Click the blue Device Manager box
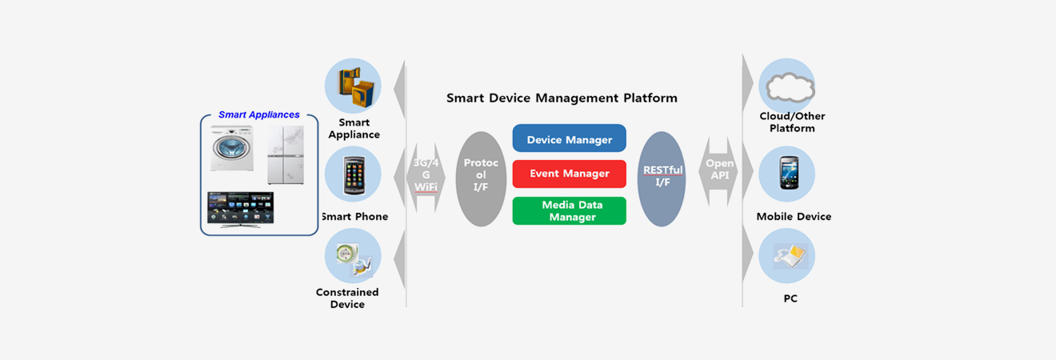pyautogui.click(x=569, y=139)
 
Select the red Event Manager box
pyautogui.click(x=569, y=174)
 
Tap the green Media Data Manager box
pyautogui.click(x=569, y=210)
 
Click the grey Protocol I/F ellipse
pyautogui.click(x=481, y=178)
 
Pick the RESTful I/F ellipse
pyautogui.click(x=662, y=178)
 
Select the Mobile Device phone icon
pyautogui.click(x=786, y=173)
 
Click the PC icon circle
pyautogui.click(x=786, y=256)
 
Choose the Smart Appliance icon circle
pyautogui.click(x=353, y=86)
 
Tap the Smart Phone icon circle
pyautogui.click(x=353, y=174)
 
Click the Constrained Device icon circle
pyautogui.click(x=353, y=256)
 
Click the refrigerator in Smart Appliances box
pyautogui.click(x=285, y=155)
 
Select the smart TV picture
pyautogui.click(x=240, y=209)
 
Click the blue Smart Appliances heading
pyautogui.click(x=259, y=115)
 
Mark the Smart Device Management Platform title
pyautogui.click(x=562, y=98)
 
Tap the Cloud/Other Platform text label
pyautogui.click(x=792, y=122)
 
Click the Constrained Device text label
pyautogui.click(x=347, y=298)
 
